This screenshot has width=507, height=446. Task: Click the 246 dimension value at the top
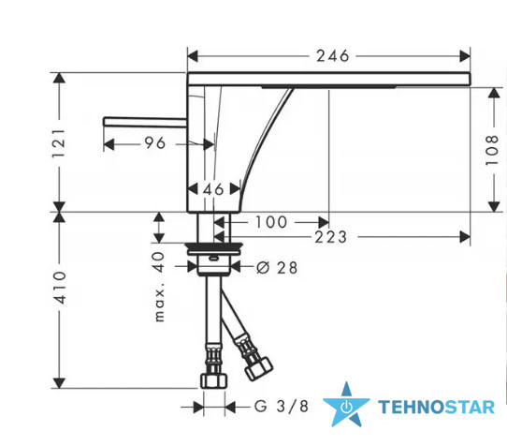(x=333, y=56)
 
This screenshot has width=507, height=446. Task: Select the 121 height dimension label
(x=59, y=143)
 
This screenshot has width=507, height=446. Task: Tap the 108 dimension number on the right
(x=492, y=150)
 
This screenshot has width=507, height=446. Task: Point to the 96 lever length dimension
(x=155, y=142)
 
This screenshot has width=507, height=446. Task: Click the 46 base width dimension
(x=213, y=189)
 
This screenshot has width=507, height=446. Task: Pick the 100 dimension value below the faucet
(x=271, y=222)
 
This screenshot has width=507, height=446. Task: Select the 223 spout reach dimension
(x=331, y=237)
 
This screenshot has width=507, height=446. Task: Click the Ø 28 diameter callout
(x=277, y=268)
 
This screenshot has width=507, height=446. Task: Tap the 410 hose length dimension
(x=60, y=288)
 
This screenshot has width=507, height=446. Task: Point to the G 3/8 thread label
(x=282, y=407)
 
